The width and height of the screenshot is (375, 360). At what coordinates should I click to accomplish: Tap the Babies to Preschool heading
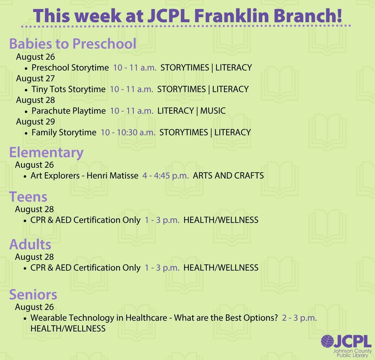(73, 44)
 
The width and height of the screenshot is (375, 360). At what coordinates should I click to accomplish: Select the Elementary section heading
(46, 153)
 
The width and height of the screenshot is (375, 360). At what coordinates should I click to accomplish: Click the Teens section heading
(28, 197)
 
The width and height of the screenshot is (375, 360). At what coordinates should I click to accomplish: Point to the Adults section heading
(30, 244)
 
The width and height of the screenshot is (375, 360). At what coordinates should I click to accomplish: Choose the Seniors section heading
(33, 295)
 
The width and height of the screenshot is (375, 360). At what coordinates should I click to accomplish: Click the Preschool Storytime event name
(70, 67)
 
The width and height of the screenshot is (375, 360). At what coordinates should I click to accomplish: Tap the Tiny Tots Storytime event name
(69, 89)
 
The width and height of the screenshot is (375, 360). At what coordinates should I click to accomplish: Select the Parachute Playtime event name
(69, 111)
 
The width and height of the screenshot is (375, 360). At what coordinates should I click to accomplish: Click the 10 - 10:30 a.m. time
(128, 132)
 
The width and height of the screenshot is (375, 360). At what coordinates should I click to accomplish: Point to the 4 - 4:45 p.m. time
(166, 175)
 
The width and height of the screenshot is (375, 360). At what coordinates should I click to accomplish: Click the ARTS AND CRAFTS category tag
(228, 175)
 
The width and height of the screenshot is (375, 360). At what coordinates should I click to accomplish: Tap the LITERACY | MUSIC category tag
(191, 111)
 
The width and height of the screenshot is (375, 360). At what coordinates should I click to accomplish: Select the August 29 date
(35, 121)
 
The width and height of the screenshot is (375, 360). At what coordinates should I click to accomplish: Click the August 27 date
(35, 78)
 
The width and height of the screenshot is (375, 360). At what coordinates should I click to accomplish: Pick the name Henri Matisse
(112, 175)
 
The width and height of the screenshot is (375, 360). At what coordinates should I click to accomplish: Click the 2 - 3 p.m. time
(299, 318)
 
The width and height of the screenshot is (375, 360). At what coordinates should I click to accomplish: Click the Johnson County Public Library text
(352, 353)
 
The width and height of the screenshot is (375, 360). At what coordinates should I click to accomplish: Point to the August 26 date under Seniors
(34, 307)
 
